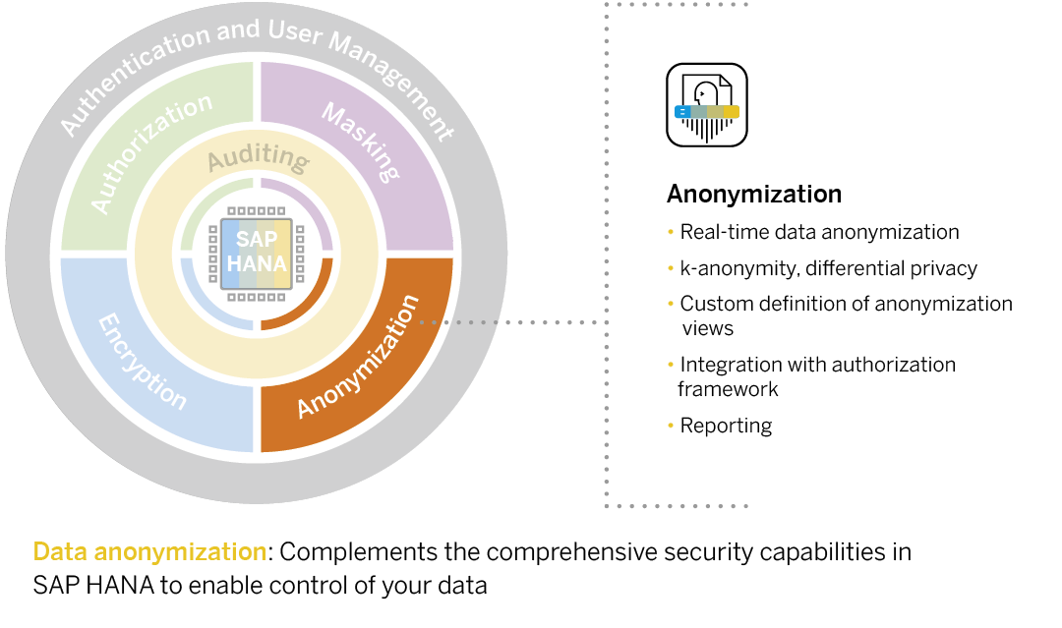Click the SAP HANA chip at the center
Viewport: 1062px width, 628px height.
[x=257, y=254]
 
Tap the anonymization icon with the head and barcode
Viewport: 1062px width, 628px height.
[x=707, y=106]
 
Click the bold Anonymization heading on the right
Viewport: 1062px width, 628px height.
[x=753, y=194]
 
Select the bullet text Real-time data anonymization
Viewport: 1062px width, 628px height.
[x=819, y=233]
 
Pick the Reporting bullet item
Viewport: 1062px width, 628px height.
[x=726, y=426]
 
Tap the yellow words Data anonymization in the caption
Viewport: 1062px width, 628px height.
[x=149, y=552]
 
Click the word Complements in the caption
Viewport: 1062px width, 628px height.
[x=345, y=552]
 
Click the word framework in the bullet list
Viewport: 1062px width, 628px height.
[x=727, y=389]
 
